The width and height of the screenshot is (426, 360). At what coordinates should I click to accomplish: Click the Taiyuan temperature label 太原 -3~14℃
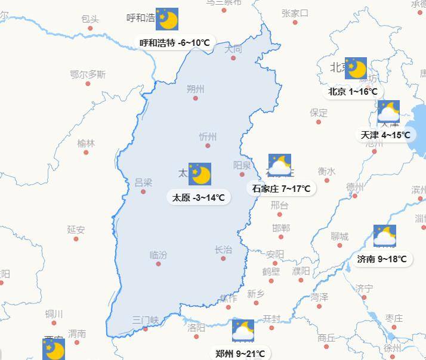coord(199,198)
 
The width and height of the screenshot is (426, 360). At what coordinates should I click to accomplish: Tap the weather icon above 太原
coord(200,174)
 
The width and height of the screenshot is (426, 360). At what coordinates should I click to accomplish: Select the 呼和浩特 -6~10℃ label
coord(175,43)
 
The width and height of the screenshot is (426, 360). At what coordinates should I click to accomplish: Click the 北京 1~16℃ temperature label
coord(353,92)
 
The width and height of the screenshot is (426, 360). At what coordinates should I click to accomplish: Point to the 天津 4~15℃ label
coord(386,135)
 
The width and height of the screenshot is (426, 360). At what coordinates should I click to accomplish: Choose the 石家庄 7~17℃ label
coord(281,189)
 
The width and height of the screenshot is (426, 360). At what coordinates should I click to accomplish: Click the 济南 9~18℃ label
coord(382,259)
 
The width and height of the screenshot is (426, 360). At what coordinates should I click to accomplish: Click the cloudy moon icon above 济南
coord(385,236)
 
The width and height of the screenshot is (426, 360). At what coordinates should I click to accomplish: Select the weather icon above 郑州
coord(243,331)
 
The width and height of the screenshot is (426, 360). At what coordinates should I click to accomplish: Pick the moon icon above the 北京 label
coord(356,69)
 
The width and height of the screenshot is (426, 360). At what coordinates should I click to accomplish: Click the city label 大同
coord(233,49)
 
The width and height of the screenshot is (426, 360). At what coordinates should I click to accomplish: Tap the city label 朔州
coord(195,89)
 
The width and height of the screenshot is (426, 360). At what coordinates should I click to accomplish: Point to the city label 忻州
coord(208,136)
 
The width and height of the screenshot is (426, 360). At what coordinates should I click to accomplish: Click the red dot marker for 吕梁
coord(143,192)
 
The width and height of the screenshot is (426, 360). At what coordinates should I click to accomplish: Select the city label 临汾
coord(158,255)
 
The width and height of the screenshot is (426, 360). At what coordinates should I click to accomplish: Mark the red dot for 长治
coord(223,259)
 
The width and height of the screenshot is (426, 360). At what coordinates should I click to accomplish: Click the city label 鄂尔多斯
coord(88,75)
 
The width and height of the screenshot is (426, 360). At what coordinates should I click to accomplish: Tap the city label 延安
coord(76,229)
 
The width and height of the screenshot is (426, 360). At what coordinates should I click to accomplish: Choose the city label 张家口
coord(295,13)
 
